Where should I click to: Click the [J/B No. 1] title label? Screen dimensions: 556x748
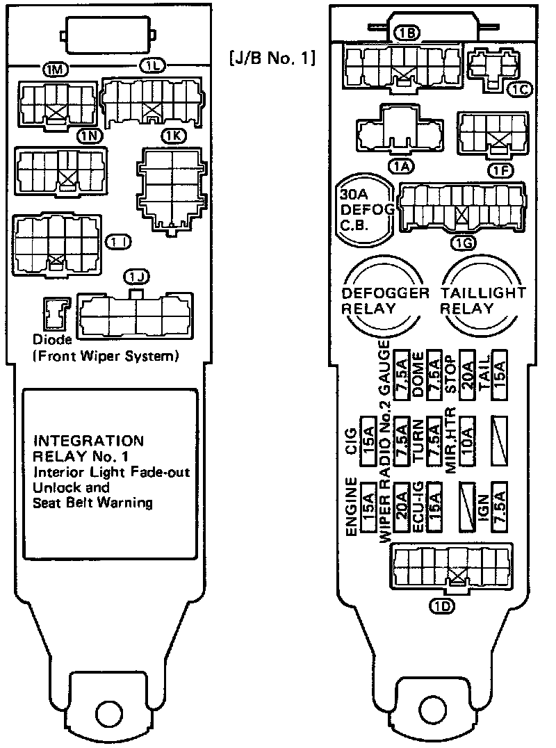tap(272, 58)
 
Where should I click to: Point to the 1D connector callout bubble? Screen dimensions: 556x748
tap(442, 606)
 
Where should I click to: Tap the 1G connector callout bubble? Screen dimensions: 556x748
tap(462, 243)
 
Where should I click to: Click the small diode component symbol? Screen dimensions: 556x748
tap(55, 314)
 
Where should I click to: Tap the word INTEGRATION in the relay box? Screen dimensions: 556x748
tap(89, 440)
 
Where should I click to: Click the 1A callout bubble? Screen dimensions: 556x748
tap(400, 165)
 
